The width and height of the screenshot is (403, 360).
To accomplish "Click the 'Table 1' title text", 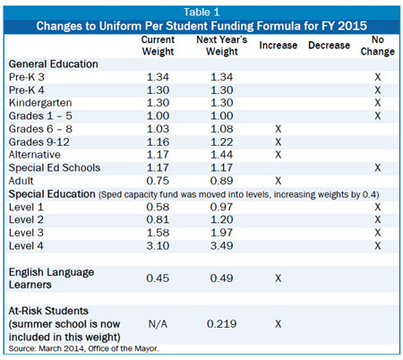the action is tap(201, 13).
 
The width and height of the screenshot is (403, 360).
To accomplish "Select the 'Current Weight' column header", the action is tap(158, 46).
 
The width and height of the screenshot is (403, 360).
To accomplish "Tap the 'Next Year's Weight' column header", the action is tap(222, 46).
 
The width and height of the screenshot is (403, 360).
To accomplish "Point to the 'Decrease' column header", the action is tap(329, 46).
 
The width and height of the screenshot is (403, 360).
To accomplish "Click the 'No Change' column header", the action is tap(378, 46).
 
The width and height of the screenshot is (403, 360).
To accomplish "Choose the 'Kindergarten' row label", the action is tap(40, 103).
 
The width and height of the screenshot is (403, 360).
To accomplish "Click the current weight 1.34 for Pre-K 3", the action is tap(158, 77).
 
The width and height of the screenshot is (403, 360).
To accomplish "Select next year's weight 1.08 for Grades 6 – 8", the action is tap(221, 129).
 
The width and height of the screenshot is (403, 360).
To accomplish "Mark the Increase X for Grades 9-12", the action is tap(279, 141).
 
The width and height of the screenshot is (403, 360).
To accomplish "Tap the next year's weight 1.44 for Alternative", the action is tap(221, 155).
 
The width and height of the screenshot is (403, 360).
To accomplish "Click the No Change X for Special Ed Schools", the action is tap(378, 167).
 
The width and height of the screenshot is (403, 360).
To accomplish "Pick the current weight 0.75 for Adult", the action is tap(158, 181).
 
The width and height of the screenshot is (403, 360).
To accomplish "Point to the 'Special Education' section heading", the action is tap(52, 194).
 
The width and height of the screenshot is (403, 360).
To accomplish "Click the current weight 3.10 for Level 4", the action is tap(158, 245).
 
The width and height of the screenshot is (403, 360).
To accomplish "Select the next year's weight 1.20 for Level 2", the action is tap(221, 219).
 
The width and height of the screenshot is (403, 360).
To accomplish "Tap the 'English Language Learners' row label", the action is tap(51, 279).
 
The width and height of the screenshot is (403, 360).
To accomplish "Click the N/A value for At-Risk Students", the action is tap(158, 324).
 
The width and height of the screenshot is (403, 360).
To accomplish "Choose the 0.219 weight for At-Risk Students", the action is tap(222, 324).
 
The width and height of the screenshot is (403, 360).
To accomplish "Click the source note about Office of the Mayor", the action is tap(84, 348).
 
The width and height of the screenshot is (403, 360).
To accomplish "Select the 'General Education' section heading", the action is tap(54, 64).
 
